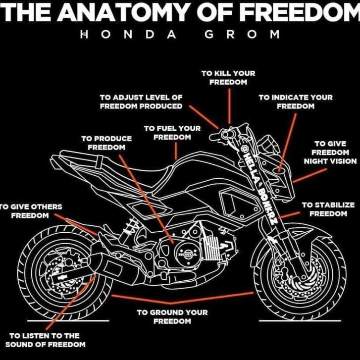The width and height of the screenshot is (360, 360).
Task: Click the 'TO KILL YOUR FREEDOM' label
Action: pos(228,78)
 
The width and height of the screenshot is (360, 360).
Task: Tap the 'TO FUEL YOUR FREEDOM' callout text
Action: pos(172,133)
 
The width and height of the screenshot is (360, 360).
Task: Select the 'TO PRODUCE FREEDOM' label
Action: pos(106,143)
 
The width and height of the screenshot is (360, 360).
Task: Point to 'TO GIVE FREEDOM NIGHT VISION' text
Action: pos(330,153)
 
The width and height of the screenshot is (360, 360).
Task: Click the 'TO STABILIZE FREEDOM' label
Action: pos(328,209)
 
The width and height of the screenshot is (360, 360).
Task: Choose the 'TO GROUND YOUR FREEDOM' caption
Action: pos(172,316)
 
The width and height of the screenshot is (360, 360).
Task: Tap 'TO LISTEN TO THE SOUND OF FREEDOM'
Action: pos(45,340)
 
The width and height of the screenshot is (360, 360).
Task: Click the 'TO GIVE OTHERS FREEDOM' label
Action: pos(31,211)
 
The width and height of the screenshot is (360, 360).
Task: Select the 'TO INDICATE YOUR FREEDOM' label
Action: pos(296,102)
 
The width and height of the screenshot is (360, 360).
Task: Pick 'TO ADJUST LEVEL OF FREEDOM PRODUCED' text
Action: pos(141,102)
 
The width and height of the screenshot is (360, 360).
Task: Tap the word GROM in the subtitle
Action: pos(242,35)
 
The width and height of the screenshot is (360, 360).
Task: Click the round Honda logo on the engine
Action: pos(188,254)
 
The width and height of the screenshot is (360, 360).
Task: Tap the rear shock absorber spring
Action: pos(131,227)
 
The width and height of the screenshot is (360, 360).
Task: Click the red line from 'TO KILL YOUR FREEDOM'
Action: pos(229,106)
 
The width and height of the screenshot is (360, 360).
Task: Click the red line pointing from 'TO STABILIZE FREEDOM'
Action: pos(290,215)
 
